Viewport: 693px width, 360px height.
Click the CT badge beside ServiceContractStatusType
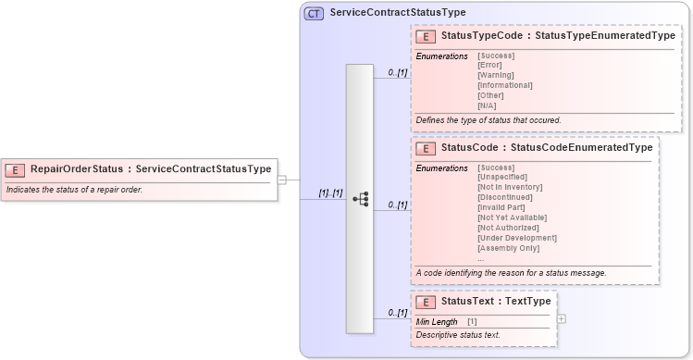314,14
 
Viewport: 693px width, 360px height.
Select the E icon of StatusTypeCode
427,36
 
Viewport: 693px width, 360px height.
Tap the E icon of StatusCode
427,148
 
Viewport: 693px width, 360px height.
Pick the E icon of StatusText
427,302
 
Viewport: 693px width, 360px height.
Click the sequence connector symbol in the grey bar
361,199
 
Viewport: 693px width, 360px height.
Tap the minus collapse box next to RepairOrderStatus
282,180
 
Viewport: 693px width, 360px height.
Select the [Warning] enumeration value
497,75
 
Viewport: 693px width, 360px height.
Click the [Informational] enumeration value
504,85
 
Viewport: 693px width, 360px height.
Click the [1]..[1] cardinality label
330,193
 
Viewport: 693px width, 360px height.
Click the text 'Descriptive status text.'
458,334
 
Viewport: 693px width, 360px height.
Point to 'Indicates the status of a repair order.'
74,190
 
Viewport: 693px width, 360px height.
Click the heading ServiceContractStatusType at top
398,13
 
